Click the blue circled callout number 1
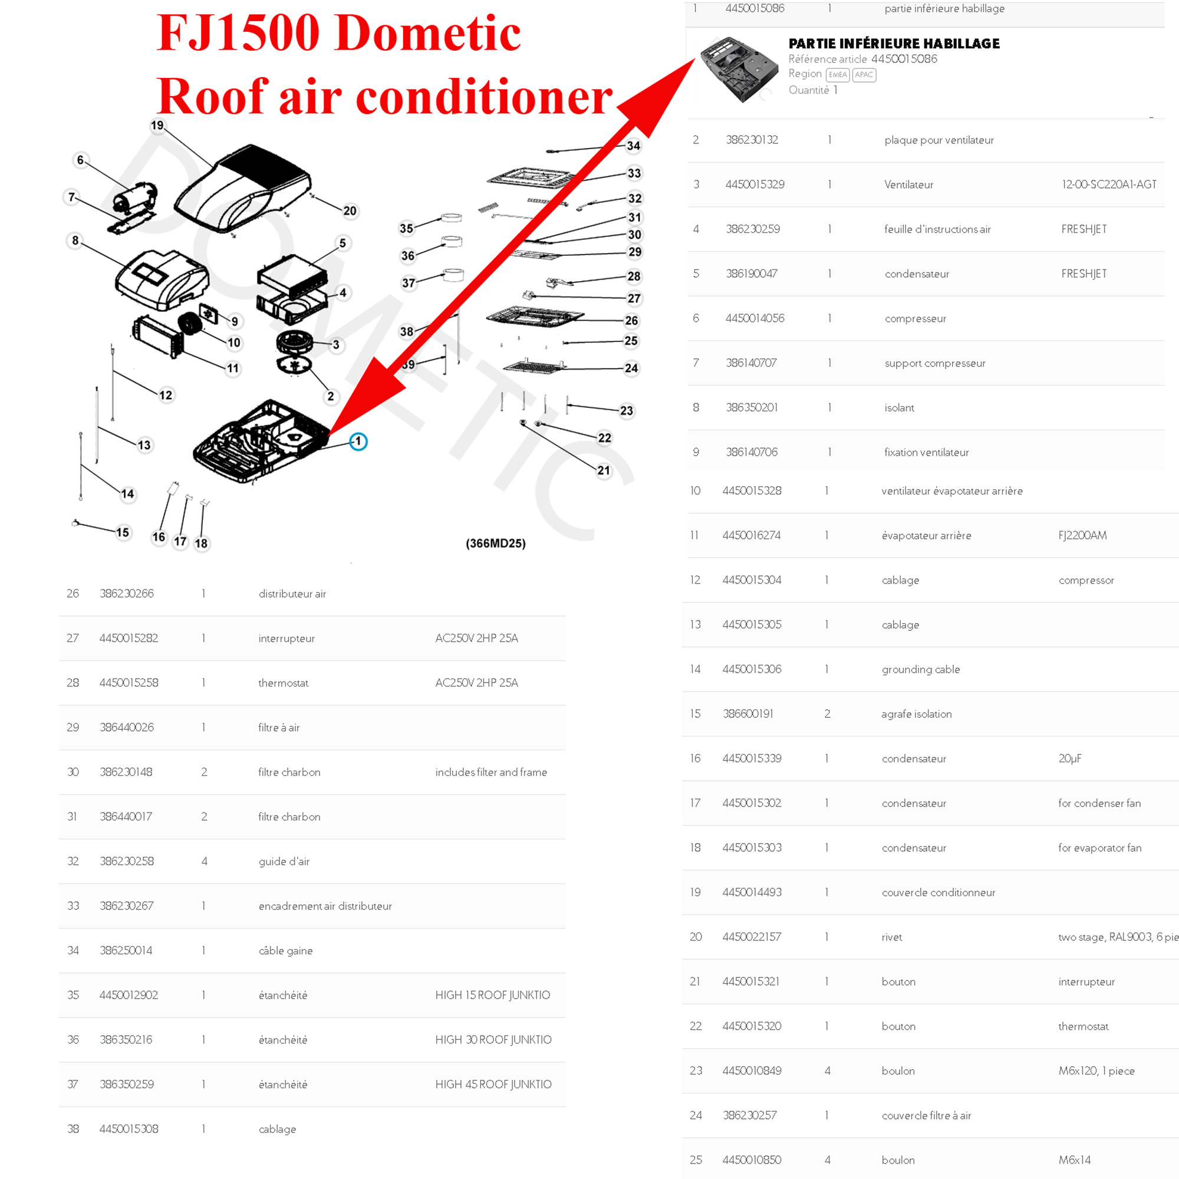tap(358, 441)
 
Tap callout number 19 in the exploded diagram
tap(157, 126)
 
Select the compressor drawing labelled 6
tap(135, 198)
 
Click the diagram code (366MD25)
tap(496, 543)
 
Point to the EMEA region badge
tap(837, 75)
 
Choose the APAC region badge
tap(864, 75)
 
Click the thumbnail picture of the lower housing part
tap(739, 68)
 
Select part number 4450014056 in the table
tap(755, 318)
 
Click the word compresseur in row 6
tap(915, 318)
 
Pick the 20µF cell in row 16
tap(1070, 759)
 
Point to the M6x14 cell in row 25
tap(1075, 1160)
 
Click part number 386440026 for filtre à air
tap(127, 727)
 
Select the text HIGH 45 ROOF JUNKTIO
tap(493, 1085)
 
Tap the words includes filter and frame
tap(491, 772)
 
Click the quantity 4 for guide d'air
tap(205, 861)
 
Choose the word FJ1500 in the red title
tap(238, 33)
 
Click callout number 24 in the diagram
tap(631, 368)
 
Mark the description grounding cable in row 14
tap(921, 670)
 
